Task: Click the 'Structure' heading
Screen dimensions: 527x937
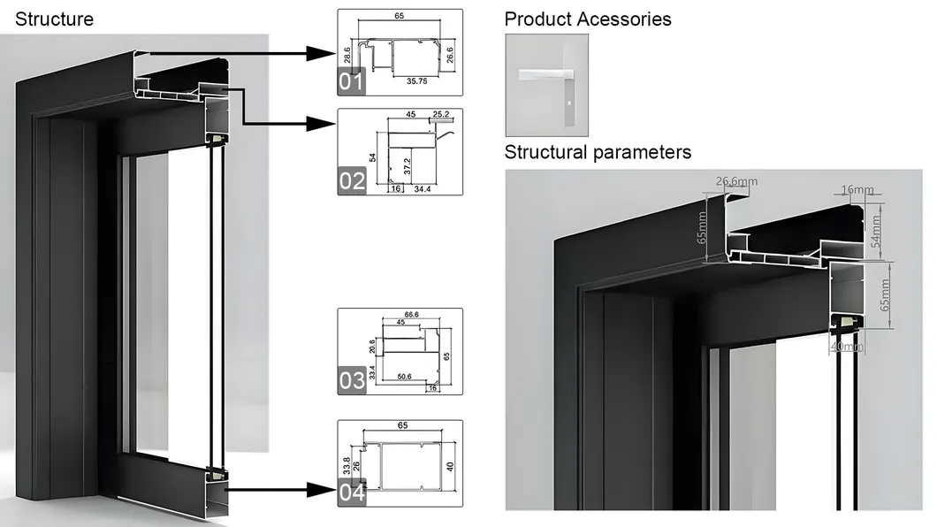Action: (54, 19)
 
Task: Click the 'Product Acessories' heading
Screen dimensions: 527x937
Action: (587, 19)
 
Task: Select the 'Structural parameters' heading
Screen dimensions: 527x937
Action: (598, 152)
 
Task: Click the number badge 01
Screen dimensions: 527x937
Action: (351, 83)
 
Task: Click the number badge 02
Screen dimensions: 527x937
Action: (351, 182)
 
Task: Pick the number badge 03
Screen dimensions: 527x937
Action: (351, 381)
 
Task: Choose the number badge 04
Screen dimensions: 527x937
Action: (351, 493)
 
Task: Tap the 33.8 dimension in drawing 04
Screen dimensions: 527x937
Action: (346, 462)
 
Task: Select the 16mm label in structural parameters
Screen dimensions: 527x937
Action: (857, 189)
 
